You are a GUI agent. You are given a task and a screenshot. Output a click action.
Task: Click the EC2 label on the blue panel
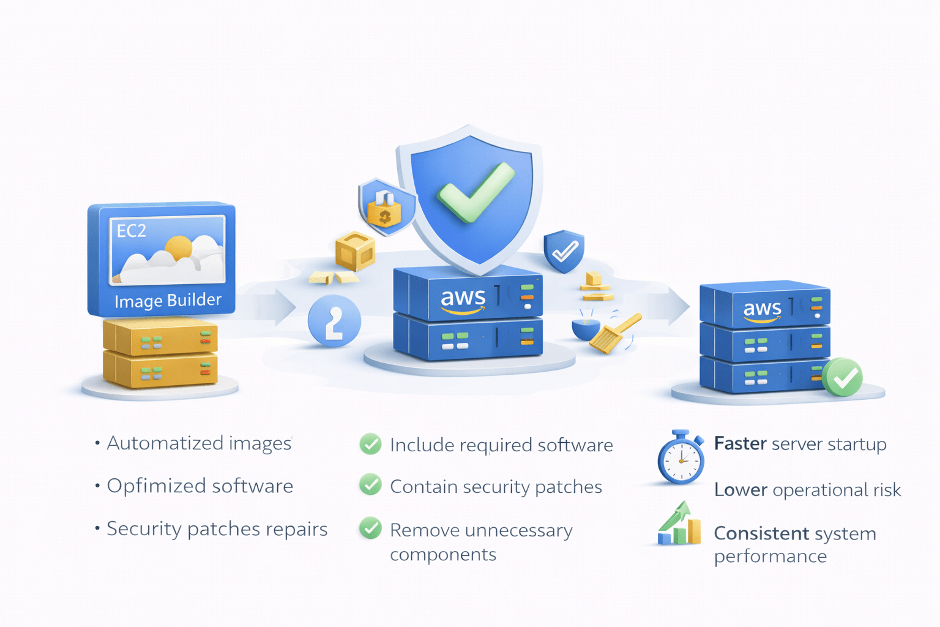(132, 231)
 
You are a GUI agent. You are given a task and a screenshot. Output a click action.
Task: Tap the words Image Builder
(168, 301)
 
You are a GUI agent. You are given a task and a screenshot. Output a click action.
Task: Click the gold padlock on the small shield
(384, 211)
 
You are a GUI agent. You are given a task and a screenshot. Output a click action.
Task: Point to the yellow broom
(614, 333)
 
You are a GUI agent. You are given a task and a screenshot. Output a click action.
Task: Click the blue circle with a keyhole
(334, 321)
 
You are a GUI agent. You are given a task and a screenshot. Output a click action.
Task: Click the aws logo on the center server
(463, 298)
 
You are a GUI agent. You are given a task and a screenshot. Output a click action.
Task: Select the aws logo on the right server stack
(762, 309)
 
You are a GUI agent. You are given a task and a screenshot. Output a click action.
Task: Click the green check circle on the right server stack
(843, 378)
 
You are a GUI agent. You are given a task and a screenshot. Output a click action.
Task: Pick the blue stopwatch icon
(681, 458)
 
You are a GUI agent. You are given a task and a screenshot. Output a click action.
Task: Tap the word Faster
(740, 443)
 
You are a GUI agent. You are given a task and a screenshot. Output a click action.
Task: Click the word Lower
(740, 490)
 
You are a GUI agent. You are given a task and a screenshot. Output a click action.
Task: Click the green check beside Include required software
(370, 444)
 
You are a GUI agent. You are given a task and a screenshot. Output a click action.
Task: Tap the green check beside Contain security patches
(370, 485)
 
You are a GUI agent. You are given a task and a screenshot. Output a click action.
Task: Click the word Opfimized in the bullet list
(156, 486)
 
